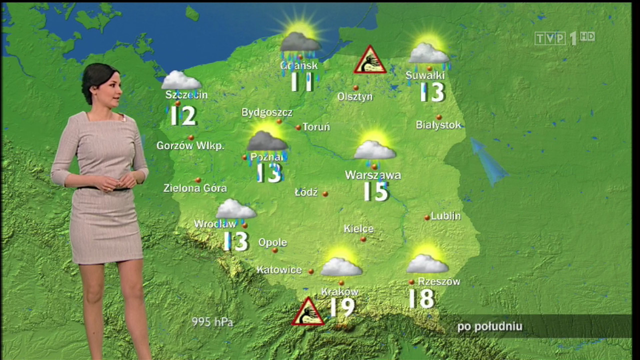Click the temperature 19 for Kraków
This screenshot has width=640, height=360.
[342, 307]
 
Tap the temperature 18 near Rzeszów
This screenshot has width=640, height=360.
[421, 298]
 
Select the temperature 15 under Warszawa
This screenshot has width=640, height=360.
[376, 191]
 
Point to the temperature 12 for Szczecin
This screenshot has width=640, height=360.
[183, 115]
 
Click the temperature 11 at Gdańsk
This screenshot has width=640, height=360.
[302, 82]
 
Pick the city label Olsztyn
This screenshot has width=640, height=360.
[355, 96]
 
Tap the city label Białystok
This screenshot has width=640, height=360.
[438, 125]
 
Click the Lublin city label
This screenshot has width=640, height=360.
[445, 216]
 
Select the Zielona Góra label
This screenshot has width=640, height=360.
[195, 188]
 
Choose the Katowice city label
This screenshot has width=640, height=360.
[279, 270]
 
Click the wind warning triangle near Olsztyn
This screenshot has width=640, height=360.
[370, 60]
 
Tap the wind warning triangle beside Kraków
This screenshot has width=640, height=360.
[308, 312]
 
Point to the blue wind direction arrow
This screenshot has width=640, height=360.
[488, 161]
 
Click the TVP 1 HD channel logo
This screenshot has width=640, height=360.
[564, 38]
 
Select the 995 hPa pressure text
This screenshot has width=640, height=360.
[212, 322]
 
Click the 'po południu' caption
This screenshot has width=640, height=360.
[489, 327]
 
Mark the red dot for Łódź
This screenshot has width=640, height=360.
[325, 193]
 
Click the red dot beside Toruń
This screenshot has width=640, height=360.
[298, 127]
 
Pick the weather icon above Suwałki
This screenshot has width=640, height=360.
[429, 50]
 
